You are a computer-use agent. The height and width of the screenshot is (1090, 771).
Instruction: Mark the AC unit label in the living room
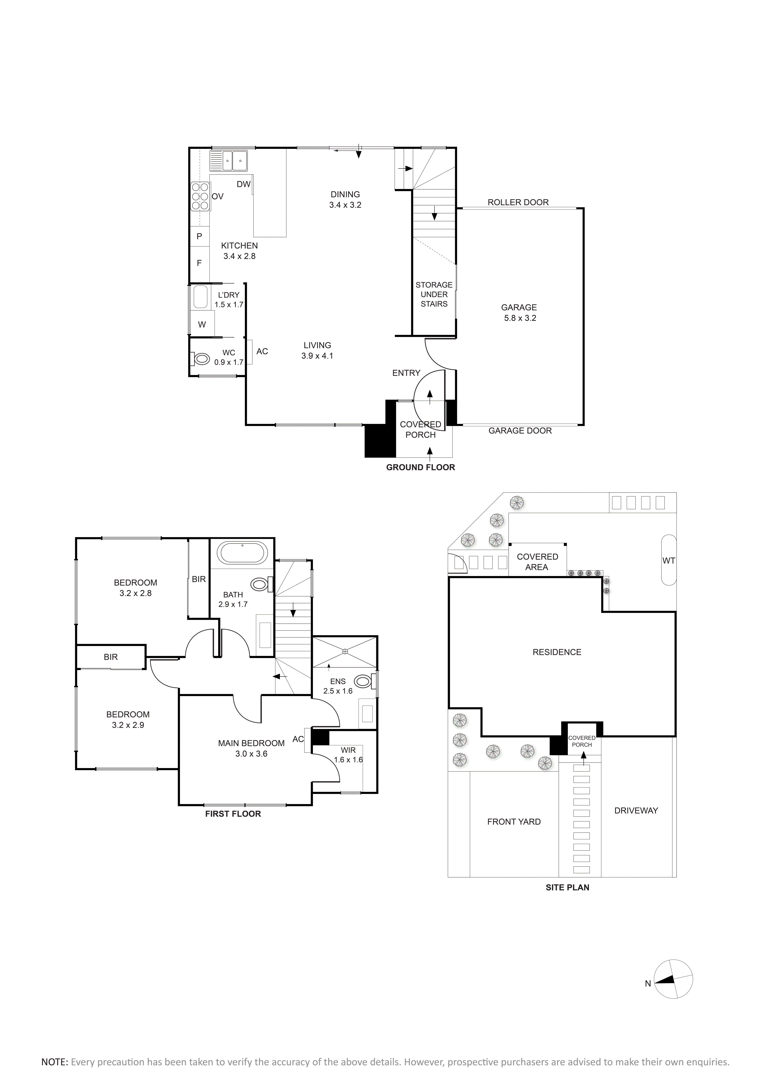[x=262, y=351]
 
